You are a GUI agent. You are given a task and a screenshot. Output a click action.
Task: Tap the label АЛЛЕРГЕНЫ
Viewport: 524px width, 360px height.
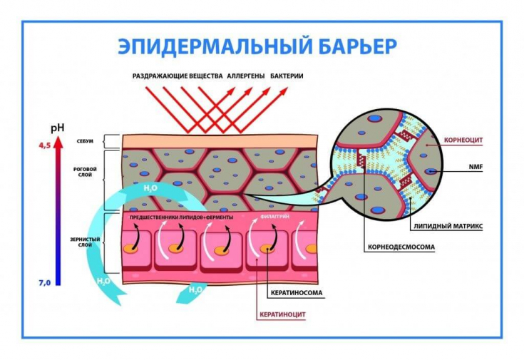[x=246, y=75]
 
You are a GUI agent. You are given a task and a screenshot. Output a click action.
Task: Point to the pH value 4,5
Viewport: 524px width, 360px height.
[x=44, y=145]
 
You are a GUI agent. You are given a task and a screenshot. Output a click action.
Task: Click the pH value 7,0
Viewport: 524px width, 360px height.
[x=44, y=283]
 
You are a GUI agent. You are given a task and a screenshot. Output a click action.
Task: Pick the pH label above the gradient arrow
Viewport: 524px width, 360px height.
[x=58, y=128]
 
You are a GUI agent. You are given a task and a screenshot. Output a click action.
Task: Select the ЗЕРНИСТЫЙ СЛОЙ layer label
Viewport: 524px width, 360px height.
[x=85, y=241]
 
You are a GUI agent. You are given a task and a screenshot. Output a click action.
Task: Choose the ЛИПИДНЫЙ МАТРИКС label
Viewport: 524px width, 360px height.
[x=448, y=225]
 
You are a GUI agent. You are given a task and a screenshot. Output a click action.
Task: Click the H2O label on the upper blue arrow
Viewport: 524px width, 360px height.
[x=150, y=187]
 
